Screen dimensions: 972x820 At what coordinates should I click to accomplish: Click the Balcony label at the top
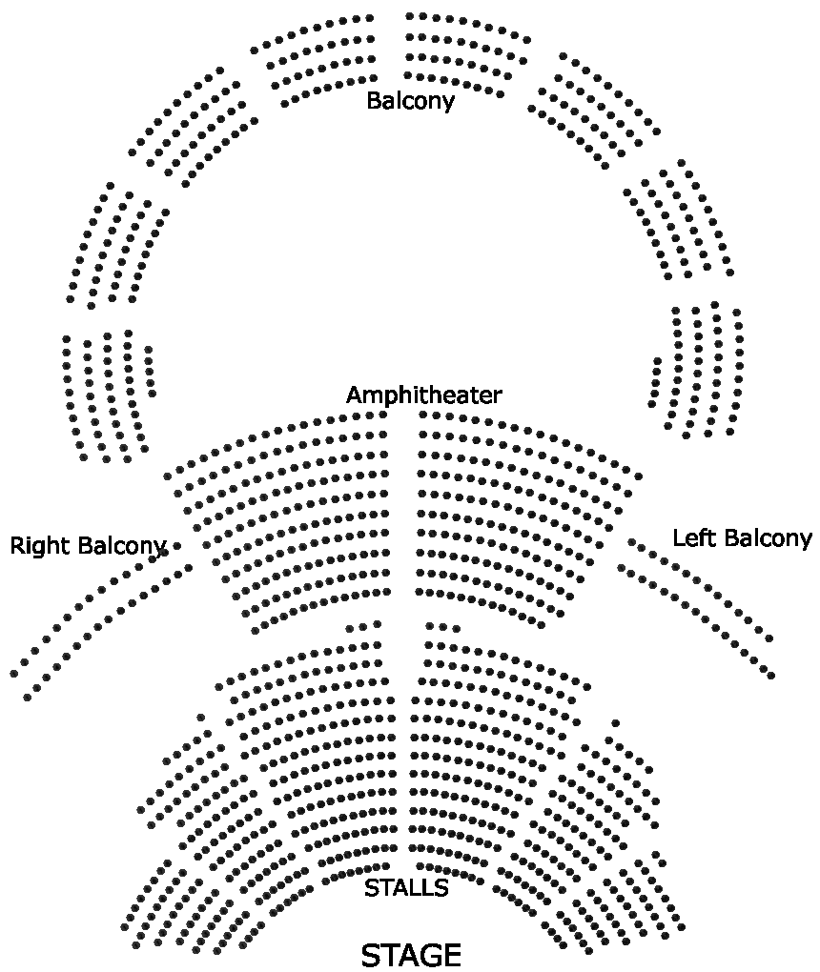point(410,100)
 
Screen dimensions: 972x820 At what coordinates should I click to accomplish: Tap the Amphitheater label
point(423,395)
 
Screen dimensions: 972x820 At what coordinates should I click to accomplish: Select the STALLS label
point(406,888)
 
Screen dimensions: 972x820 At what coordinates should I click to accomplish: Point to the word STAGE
point(411,955)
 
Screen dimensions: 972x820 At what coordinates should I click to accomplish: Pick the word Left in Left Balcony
point(693,537)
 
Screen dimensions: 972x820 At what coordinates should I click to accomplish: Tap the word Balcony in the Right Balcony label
point(122,547)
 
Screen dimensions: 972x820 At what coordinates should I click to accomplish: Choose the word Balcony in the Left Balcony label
point(768,537)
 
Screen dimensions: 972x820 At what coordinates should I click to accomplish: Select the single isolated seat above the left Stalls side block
point(201,718)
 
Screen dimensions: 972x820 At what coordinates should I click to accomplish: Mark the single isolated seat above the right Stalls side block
point(616,723)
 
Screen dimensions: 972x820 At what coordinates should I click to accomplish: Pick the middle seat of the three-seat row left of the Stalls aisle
point(364,627)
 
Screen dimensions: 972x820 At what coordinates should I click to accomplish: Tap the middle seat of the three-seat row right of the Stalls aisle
point(442,627)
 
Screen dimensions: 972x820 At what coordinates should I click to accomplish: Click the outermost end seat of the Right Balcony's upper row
point(13,674)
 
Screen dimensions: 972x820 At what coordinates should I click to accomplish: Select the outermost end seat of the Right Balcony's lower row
point(27,698)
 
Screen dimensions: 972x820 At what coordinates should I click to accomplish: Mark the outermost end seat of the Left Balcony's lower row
point(770,676)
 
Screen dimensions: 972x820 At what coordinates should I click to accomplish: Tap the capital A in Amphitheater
point(354,395)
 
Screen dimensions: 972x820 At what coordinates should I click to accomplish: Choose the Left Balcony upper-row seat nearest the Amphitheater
point(631,541)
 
